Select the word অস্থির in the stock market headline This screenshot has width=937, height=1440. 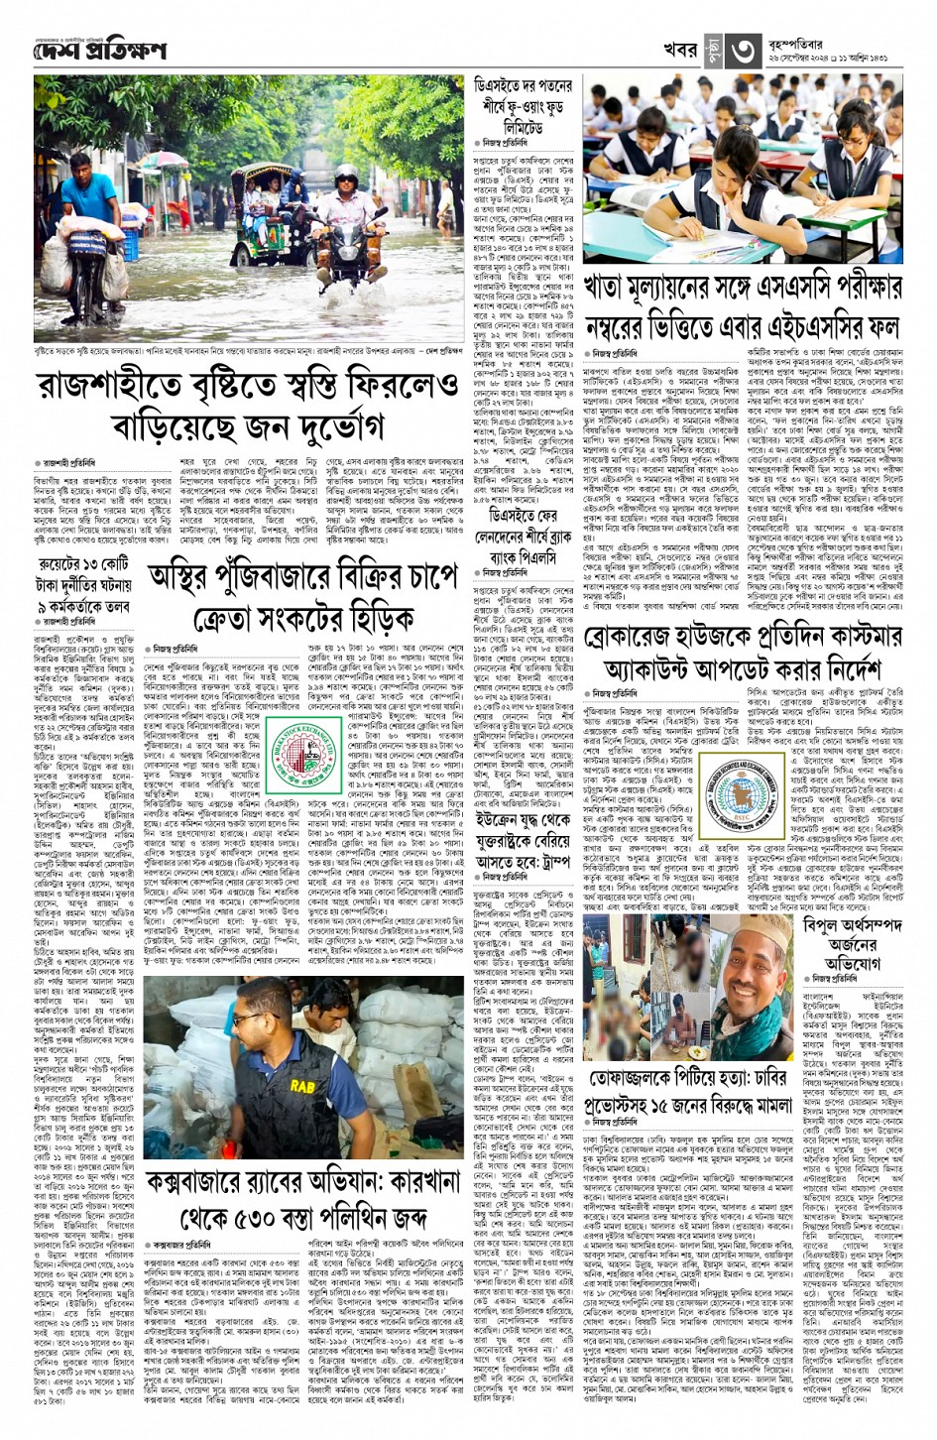click(x=189, y=574)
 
